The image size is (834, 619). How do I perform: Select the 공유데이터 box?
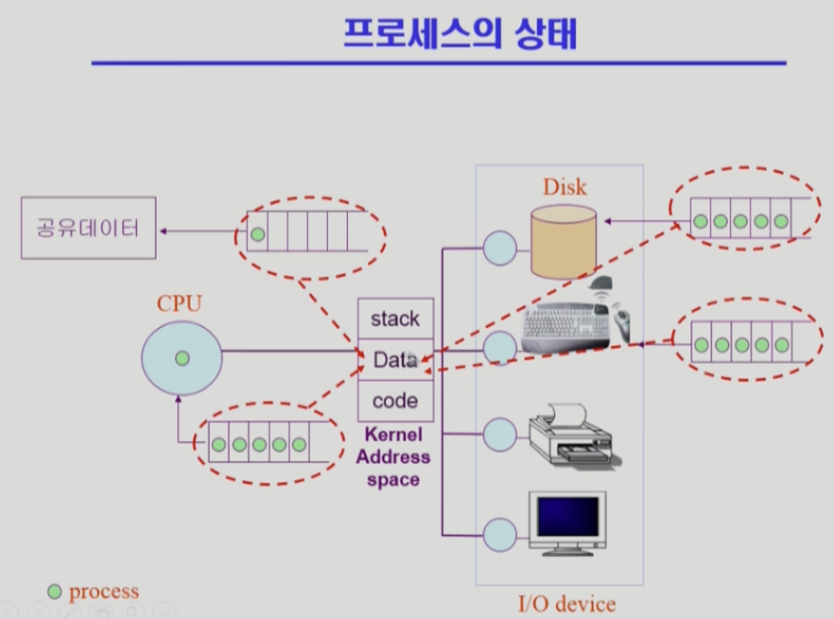(x=88, y=228)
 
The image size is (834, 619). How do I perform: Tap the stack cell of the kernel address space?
(x=395, y=318)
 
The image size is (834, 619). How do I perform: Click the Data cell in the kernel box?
(x=395, y=359)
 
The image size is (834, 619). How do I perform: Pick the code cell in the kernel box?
(x=395, y=400)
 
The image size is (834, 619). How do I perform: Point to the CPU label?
(x=180, y=304)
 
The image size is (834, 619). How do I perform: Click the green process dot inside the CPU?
(x=182, y=358)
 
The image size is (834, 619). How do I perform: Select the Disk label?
(x=565, y=186)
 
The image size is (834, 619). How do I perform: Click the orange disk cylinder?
(x=564, y=242)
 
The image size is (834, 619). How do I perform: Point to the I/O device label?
(x=568, y=604)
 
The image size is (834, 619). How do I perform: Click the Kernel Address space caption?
(x=392, y=458)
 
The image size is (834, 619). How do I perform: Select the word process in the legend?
(x=103, y=592)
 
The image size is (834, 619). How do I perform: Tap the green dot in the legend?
(x=55, y=593)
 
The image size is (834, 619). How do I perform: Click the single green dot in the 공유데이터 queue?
(x=258, y=233)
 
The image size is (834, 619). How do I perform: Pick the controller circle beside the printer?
(x=499, y=435)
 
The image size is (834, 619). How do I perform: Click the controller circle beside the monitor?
(x=499, y=534)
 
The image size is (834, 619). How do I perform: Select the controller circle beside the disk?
(x=499, y=249)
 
